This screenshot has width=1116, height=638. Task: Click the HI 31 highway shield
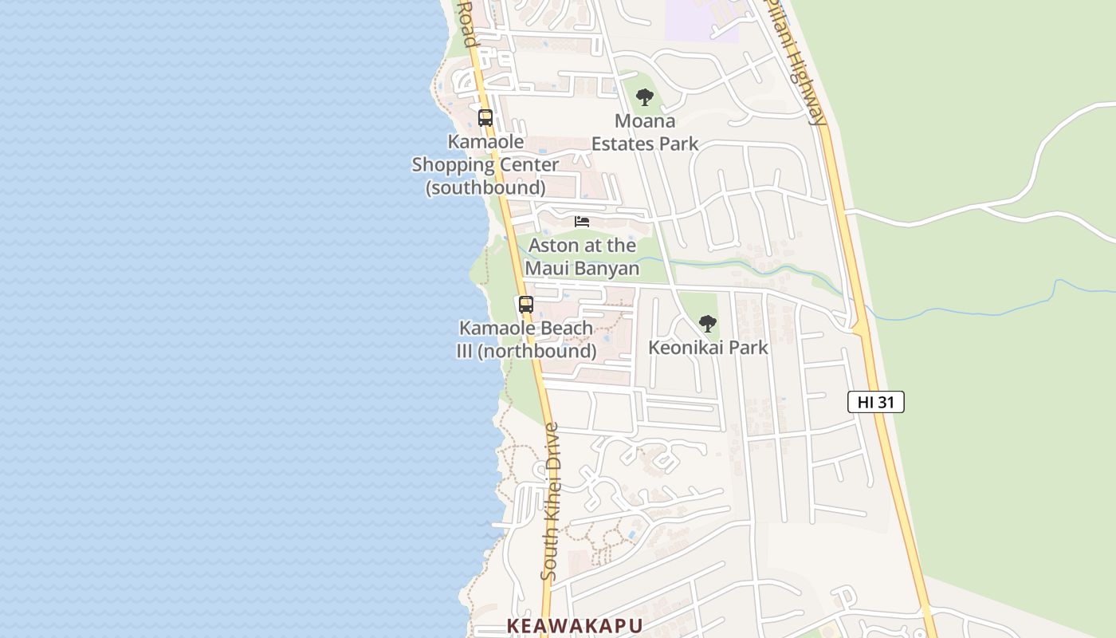(x=875, y=402)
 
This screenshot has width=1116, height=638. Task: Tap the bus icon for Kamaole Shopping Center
(x=485, y=118)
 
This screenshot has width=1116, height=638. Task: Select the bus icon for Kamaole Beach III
(x=525, y=304)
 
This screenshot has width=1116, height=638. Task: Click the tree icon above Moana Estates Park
(x=645, y=97)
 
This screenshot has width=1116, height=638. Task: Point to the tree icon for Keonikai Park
(x=707, y=323)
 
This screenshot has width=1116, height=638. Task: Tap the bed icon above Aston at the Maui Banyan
(x=582, y=221)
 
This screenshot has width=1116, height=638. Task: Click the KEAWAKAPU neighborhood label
(x=575, y=625)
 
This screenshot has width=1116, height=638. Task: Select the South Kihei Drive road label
(x=551, y=501)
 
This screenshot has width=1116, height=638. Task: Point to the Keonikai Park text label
(x=708, y=348)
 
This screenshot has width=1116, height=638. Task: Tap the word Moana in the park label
(x=645, y=121)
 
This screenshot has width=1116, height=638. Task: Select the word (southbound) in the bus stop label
(x=485, y=188)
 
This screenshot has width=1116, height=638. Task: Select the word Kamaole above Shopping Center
(x=485, y=142)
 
